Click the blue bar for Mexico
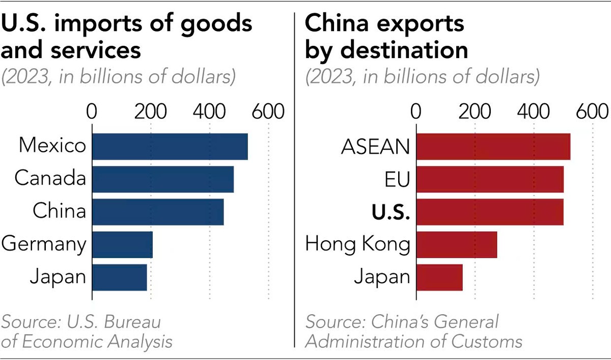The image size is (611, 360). coord(170,147)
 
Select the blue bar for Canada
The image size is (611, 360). coord(162,179)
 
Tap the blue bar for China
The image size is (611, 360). coord(157,211)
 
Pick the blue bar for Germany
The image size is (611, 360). coord(122,244)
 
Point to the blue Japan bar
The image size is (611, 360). coord(119,277)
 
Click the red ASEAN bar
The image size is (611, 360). coord(493,147)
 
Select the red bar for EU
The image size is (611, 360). coord(489,179)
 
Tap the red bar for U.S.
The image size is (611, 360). coord(489,211)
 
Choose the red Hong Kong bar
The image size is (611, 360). coord(456,244)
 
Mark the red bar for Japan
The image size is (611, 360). coord(439,277)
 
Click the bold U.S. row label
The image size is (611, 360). coord(390,212)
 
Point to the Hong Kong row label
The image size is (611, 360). coord(357,245)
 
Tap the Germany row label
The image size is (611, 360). coord(44,245)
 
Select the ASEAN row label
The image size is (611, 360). coord(375,147)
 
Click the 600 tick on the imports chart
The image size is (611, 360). coord(268,112)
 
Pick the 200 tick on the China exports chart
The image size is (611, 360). coord(475,112)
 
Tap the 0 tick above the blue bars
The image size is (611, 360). coord(92,112)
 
